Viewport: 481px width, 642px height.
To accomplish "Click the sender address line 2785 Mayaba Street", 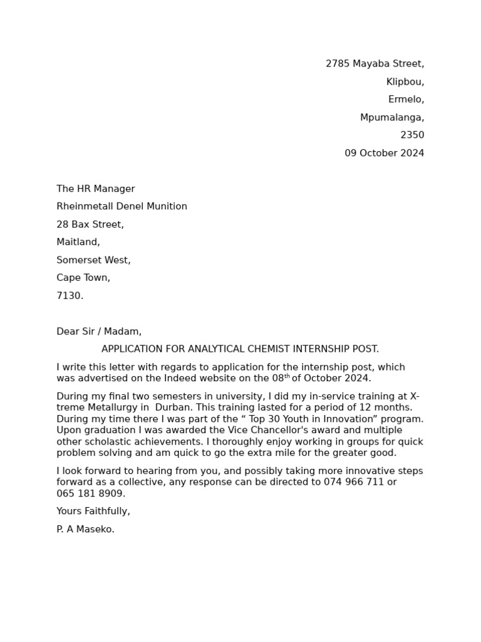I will point(375,64).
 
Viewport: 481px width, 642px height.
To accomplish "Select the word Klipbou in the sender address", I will point(405,82).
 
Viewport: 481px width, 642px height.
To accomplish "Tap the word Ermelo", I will point(406,100).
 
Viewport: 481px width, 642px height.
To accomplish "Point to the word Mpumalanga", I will point(391,118).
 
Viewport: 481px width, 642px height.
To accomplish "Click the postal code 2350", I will point(412,135).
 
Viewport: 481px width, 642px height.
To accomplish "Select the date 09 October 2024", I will point(384,154).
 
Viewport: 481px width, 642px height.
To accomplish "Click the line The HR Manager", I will point(95,189).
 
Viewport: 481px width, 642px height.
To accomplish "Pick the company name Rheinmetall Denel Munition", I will point(122,207).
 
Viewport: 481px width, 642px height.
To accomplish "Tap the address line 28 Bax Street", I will point(90,224).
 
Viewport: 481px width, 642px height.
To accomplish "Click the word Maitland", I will point(78,242).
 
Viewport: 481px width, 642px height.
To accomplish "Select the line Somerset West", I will point(93,260).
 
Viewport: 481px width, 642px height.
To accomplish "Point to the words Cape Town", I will point(83,278).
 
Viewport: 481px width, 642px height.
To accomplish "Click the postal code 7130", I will point(70,296).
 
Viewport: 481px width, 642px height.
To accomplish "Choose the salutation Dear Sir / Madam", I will point(99,332).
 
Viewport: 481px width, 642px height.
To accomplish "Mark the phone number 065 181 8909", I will point(90,494).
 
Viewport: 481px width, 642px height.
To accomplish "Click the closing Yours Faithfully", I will point(93,512).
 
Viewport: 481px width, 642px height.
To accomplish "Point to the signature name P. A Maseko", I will point(85,530).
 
